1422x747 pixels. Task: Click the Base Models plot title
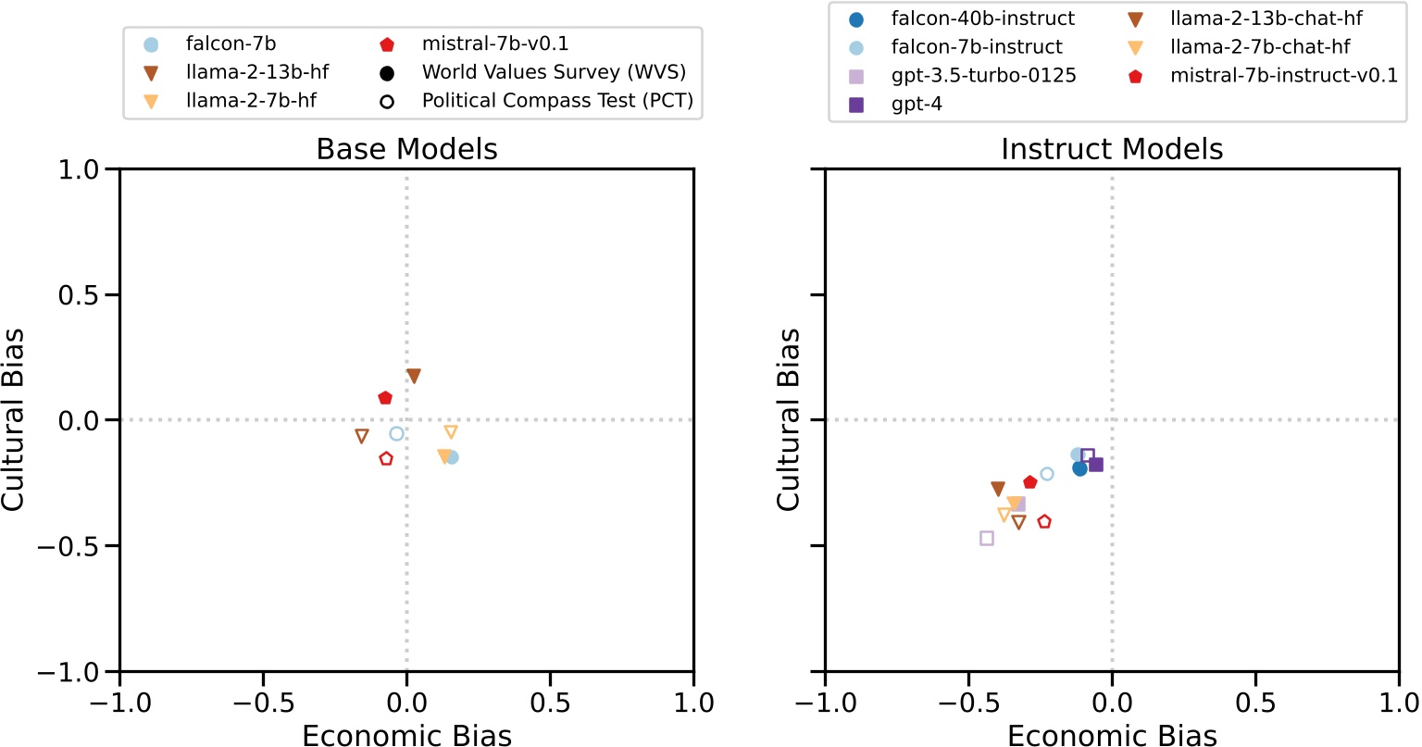coord(406,149)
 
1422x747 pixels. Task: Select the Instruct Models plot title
coord(1112,149)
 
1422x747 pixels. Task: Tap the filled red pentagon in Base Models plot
coord(385,398)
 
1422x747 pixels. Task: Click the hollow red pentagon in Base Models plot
coord(386,458)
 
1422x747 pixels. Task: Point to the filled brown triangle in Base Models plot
coord(414,376)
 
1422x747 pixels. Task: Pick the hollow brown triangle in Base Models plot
coord(362,436)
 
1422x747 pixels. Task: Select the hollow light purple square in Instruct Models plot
coord(987,538)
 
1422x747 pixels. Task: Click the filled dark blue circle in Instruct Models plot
coord(1079,468)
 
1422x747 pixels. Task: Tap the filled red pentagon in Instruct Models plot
coord(1030,482)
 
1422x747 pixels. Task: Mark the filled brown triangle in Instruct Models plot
coord(998,489)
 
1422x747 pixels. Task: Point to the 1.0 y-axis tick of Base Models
coord(89,169)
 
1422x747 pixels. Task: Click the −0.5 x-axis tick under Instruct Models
coord(968,703)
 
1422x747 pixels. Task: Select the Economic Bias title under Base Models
coord(406,736)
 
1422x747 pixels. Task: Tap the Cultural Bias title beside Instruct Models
coord(788,419)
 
